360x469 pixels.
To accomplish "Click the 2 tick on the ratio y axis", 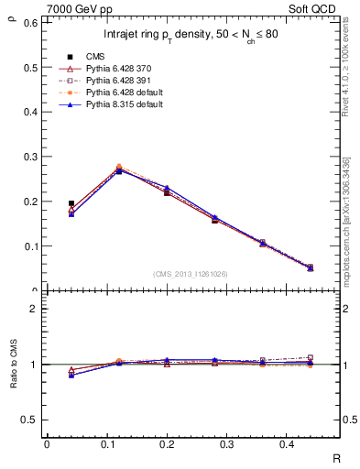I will (35, 309).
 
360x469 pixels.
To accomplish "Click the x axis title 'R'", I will (335, 458).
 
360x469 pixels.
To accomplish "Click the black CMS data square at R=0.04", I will (71, 203).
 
